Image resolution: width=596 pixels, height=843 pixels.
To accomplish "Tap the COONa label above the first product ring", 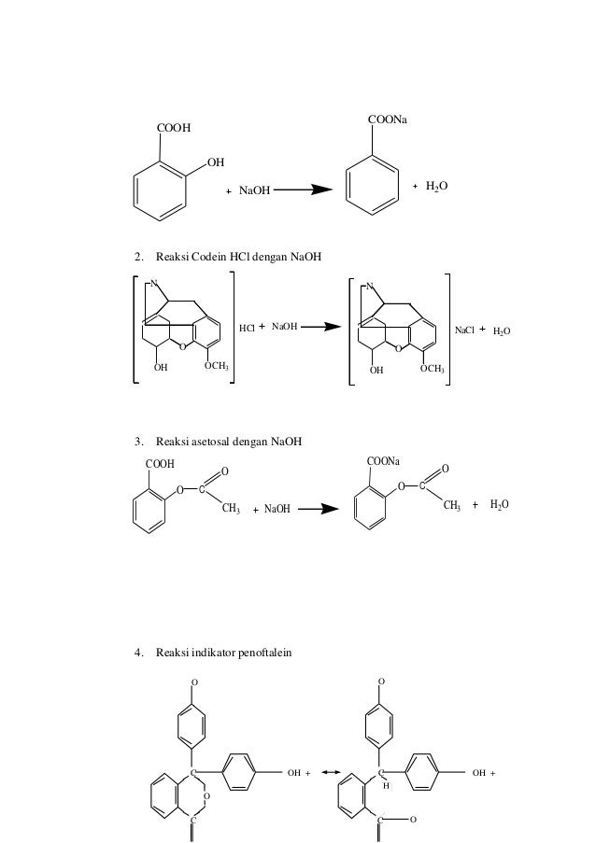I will pyautogui.click(x=393, y=121).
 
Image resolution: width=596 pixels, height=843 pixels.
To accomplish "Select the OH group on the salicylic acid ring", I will pyautogui.click(x=216, y=162).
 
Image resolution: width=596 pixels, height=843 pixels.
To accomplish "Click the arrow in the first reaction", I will pyautogui.click(x=305, y=190).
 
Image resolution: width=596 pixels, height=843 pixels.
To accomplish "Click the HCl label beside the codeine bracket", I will pyautogui.click(x=247, y=328).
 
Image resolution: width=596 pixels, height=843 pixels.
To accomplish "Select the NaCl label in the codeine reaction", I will pyautogui.click(x=464, y=330).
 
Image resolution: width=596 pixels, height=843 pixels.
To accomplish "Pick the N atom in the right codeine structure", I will pyautogui.click(x=370, y=287).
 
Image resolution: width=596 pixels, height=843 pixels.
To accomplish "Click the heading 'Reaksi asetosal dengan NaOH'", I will pyautogui.click(x=225, y=441).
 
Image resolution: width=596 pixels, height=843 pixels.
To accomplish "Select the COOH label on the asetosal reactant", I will pyautogui.click(x=160, y=462).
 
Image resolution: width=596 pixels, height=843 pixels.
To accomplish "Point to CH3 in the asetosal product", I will pyautogui.click(x=452, y=506).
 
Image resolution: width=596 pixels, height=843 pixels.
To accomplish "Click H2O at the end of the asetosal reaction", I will pyautogui.click(x=500, y=505).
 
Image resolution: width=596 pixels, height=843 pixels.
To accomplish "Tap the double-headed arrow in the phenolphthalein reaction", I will pyautogui.click(x=329, y=774).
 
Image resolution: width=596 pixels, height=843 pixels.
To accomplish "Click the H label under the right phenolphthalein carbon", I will pyautogui.click(x=385, y=786).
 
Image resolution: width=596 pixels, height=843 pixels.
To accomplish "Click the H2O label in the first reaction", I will pyautogui.click(x=436, y=187).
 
